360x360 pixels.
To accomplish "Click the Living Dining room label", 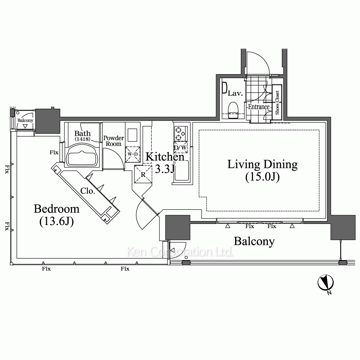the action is (x=262, y=165).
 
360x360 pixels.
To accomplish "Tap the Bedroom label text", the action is (x=57, y=209).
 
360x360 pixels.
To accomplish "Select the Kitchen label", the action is (x=165, y=157).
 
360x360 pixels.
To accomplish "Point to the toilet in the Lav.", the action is (x=233, y=111).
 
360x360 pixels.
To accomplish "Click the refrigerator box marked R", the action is (x=143, y=174).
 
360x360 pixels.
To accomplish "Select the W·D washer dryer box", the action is (x=132, y=154).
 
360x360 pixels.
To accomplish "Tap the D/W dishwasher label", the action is (x=180, y=147).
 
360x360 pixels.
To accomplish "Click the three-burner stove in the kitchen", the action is (x=180, y=134).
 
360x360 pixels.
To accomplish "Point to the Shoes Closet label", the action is (x=277, y=102).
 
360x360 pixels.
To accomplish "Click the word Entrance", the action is (x=259, y=107).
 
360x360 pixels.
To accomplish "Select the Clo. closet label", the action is (x=88, y=191).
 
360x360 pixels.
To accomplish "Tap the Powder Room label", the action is (x=113, y=141).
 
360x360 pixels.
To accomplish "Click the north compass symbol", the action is (x=325, y=283).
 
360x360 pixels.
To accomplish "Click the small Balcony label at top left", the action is (x=25, y=120).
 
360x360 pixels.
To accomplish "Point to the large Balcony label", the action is (x=254, y=242).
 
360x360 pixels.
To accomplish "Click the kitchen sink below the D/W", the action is (x=181, y=170).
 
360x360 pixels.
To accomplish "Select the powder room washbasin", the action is (x=132, y=135).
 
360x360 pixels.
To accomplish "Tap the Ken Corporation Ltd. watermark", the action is (x=180, y=252).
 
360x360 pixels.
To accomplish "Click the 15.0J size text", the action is (x=262, y=177).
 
